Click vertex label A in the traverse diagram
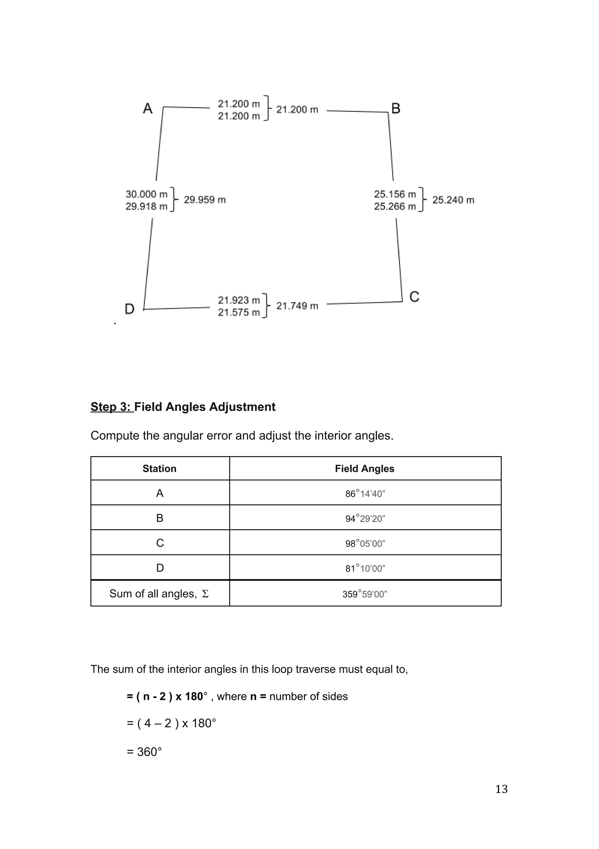coord(148,108)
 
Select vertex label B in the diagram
coord(396,108)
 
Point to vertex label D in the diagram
coord(129,309)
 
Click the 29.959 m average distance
coord(205,200)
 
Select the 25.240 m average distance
coord(453,200)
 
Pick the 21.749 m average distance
coord(297,306)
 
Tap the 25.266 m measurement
coord(395,206)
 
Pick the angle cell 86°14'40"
coord(365,494)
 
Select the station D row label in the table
coord(160,568)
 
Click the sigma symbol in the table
coord(205,594)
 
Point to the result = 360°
coord(144,752)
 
